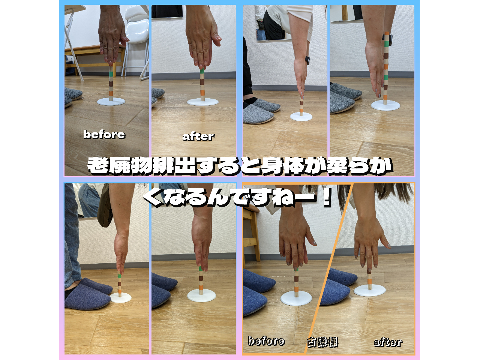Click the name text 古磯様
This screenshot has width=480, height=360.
point(322,342)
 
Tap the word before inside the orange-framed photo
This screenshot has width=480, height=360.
point(266,341)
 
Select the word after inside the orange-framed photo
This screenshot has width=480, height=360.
point(388,342)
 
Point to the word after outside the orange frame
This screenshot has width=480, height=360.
point(198,136)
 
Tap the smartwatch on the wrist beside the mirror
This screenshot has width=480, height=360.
point(307,60)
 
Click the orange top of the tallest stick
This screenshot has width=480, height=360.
point(387,33)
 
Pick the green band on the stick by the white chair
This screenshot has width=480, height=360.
point(111,74)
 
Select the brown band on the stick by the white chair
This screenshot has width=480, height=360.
point(111,84)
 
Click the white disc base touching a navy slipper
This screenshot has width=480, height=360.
point(120,297)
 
